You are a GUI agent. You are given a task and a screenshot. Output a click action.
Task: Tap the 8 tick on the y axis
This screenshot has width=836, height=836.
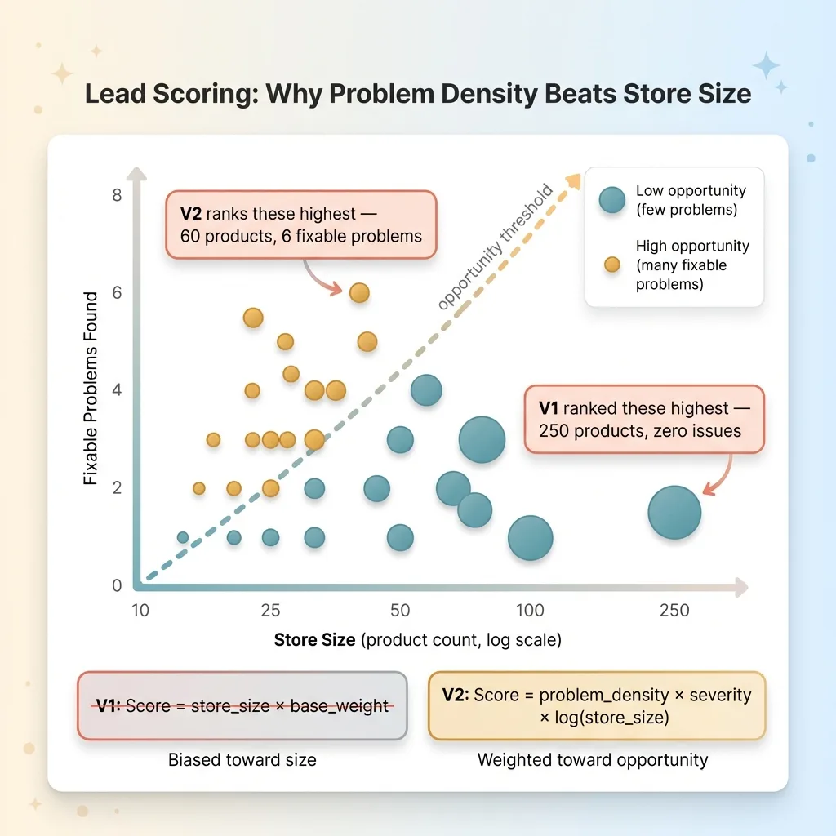tap(118, 195)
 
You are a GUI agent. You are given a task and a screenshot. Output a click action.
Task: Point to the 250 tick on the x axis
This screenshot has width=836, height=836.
tap(674, 610)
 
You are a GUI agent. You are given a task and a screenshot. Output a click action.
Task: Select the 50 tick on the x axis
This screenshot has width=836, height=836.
tap(400, 610)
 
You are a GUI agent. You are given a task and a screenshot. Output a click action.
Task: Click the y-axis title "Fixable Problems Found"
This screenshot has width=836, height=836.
tap(91, 388)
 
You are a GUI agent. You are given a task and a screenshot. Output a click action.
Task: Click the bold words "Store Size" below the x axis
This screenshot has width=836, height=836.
tap(314, 639)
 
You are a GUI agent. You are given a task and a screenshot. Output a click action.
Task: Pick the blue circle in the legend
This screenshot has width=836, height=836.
tap(612, 200)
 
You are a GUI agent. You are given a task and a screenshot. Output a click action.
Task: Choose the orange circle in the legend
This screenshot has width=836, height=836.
tap(612, 265)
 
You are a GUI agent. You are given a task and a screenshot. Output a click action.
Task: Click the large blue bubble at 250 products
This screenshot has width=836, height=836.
tap(674, 513)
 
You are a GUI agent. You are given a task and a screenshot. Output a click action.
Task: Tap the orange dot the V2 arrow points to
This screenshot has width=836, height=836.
tap(359, 293)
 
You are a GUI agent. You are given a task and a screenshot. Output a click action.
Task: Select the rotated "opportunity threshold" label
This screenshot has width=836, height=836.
tap(496, 247)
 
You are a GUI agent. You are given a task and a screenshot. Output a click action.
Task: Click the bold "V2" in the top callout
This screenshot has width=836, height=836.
tap(191, 214)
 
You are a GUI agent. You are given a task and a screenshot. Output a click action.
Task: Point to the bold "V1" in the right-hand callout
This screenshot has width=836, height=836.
tap(549, 408)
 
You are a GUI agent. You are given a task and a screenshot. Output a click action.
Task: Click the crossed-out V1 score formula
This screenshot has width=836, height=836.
tap(242, 706)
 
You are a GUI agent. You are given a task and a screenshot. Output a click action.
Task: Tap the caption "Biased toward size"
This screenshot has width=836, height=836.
tap(242, 760)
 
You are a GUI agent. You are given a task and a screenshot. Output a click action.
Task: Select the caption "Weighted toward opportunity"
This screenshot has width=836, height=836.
tap(593, 760)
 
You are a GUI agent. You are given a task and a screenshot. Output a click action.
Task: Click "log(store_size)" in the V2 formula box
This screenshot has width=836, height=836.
tap(611, 718)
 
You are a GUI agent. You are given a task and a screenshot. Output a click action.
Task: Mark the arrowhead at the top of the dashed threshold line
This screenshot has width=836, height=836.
tap(574, 180)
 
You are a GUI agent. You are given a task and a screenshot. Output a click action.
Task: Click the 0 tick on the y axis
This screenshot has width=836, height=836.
tap(118, 585)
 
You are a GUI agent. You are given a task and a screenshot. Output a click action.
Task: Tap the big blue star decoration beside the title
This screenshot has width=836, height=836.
tap(766, 66)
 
